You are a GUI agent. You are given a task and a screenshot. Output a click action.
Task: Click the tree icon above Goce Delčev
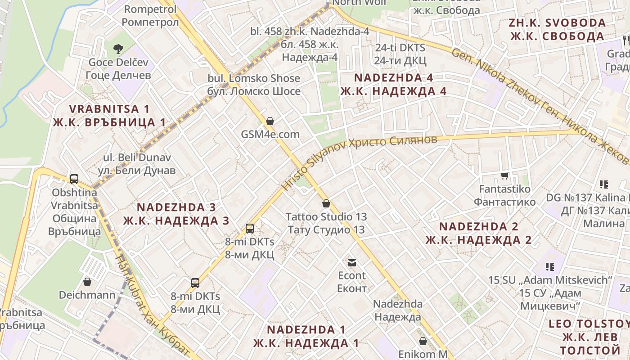point(118,48)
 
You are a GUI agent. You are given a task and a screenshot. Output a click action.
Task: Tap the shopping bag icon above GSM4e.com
point(270,121)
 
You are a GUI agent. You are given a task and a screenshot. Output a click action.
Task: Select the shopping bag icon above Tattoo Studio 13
point(326,203)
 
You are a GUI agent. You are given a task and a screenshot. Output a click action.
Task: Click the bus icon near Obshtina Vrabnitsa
point(74,179)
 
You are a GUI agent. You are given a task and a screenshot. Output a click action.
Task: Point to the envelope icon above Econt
point(351,262)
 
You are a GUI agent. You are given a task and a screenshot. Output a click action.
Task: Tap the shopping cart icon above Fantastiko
point(505,176)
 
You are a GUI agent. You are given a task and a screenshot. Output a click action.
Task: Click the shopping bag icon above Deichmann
point(87,282)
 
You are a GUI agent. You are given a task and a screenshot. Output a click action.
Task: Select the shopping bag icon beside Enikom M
point(423,341)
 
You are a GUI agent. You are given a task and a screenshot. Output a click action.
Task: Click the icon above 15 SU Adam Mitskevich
point(549,267)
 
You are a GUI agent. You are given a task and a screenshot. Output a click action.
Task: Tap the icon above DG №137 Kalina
point(603,184)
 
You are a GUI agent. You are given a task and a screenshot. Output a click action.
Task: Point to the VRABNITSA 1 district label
point(109,115)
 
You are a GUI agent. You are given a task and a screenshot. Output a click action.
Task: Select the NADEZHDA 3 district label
point(176,214)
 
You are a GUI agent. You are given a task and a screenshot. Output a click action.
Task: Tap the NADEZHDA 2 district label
point(479,233)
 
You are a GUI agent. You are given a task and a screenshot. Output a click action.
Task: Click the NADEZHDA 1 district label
point(306,336)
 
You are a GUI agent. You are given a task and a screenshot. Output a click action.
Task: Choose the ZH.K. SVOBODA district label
point(557,29)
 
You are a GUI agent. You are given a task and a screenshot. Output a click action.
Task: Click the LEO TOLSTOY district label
point(589,337)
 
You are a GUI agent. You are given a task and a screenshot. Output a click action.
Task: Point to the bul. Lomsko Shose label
point(254,85)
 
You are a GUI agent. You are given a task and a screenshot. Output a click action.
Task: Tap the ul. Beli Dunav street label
point(137,164)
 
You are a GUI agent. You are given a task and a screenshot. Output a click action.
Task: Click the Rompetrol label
point(150,15)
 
